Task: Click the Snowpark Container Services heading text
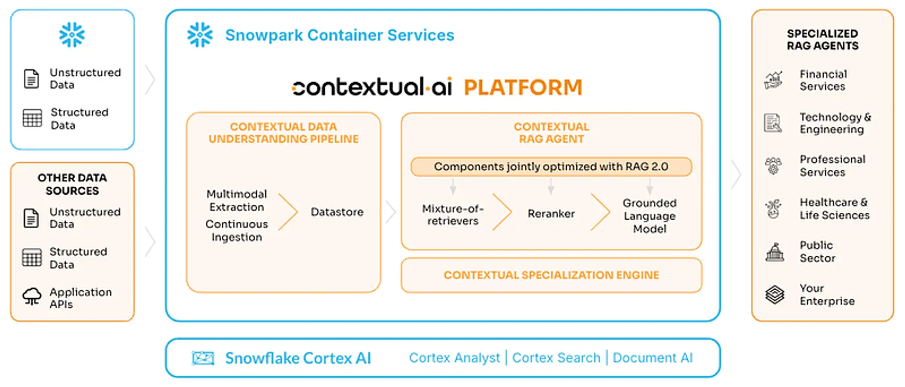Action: click(339, 35)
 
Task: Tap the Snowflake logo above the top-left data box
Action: click(72, 35)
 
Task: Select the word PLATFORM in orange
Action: click(523, 88)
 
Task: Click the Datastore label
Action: click(337, 212)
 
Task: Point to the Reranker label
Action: click(551, 214)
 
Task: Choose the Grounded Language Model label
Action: click(649, 216)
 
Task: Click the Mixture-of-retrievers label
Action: click(453, 215)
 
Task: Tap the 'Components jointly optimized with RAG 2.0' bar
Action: click(551, 167)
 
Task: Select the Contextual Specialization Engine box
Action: click(551, 276)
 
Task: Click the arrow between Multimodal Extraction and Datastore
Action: click(288, 212)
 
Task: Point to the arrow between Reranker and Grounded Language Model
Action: click(600, 212)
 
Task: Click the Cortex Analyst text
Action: click(454, 358)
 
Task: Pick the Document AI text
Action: click(653, 358)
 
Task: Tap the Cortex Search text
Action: click(556, 358)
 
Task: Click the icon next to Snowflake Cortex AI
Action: click(203, 358)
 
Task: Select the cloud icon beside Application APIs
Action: click(32, 296)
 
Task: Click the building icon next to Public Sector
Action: click(774, 252)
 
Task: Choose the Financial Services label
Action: click(823, 80)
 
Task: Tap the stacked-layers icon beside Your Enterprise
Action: click(774, 295)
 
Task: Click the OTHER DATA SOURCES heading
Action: click(72, 184)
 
